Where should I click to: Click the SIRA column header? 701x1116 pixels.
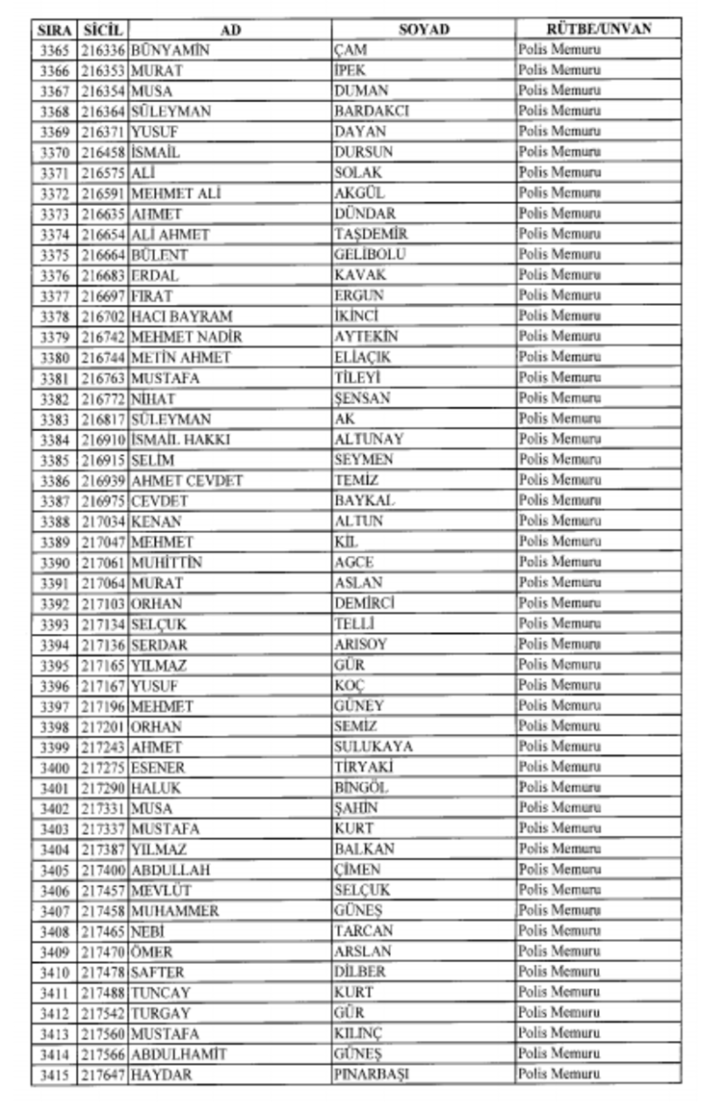(53, 30)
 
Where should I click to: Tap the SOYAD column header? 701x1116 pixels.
(424, 30)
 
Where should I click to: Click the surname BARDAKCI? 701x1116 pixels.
(372, 112)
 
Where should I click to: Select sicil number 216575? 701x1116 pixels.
(103, 173)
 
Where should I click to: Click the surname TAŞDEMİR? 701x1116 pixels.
(371, 235)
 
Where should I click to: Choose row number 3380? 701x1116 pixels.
(54, 358)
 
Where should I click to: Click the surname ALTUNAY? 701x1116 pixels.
(369, 440)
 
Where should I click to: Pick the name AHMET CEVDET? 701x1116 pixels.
(187, 480)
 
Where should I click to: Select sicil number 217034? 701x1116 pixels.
(103, 521)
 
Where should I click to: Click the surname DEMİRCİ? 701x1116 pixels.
(365, 603)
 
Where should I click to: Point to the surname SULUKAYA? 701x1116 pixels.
(374, 747)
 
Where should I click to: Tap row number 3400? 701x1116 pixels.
(54, 768)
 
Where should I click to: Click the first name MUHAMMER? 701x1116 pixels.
(175, 911)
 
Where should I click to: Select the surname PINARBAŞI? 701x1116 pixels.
(373, 1075)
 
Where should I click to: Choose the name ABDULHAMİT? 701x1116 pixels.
(179, 1054)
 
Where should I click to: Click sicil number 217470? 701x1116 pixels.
(103, 951)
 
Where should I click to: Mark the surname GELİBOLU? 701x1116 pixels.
(370, 255)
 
